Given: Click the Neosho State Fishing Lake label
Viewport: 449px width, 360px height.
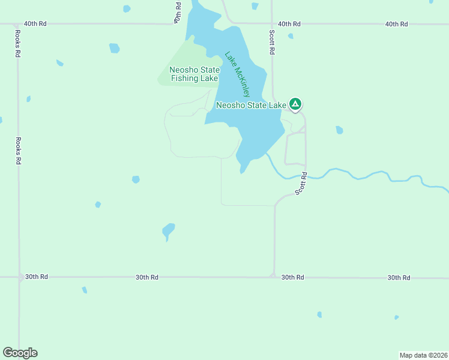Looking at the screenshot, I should (194, 74).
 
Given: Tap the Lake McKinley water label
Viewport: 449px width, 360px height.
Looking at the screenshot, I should (237, 74).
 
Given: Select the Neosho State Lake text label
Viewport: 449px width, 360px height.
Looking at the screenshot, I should (251, 105).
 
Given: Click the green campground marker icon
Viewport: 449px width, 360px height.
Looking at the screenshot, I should (295, 104).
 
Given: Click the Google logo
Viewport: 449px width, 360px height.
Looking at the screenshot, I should (20, 353).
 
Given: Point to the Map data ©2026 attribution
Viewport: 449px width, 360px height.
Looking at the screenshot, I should (423, 355).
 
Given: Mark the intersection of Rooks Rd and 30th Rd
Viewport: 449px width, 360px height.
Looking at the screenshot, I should (19, 277).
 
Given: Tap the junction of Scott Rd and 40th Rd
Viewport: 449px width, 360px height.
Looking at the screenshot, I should (272, 24).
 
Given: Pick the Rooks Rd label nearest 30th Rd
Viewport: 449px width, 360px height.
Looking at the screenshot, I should (19, 151).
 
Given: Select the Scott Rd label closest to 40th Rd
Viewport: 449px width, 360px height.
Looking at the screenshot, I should (272, 43).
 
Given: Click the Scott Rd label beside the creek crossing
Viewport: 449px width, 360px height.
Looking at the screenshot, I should (301, 184).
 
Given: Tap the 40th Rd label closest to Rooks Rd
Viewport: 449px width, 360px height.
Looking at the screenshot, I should (35, 24).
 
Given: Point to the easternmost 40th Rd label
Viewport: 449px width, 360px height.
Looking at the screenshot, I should (396, 24).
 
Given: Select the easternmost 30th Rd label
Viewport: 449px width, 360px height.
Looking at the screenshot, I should (399, 277).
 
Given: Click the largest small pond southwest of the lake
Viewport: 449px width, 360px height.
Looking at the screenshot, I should (168, 230).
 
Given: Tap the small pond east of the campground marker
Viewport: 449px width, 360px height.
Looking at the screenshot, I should (340, 130).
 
